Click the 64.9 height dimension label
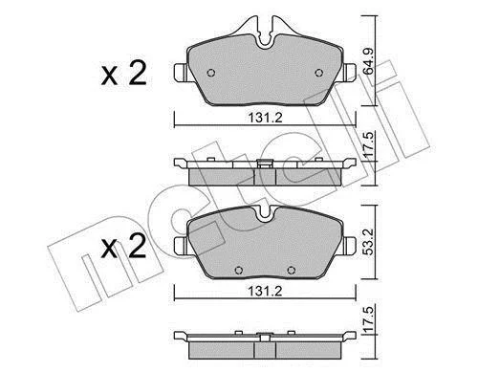click(368, 61)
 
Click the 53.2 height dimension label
click(368, 241)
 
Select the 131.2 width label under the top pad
click(266, 119)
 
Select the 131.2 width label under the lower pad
click(266, 291)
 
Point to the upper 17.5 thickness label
click(368, 144)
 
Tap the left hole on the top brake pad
click(211, 73)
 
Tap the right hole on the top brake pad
click(318, 73)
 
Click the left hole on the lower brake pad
click(238, 271)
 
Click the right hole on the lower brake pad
click(291, 271)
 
